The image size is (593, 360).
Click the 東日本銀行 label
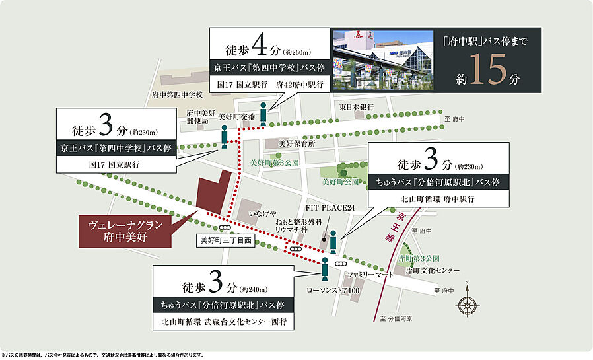357,107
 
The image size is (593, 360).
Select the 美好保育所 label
297,143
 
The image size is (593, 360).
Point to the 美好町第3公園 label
275,162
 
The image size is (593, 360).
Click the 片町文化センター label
433,271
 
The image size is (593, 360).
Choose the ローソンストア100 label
332,290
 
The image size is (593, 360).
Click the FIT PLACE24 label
330,208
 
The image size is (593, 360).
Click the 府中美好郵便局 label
198,117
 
